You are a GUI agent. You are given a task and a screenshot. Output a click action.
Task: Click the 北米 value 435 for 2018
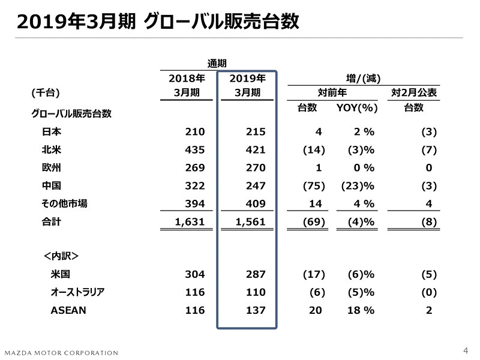click(195, 150)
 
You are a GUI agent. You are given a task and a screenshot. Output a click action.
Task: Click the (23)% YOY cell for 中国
click(358, 186)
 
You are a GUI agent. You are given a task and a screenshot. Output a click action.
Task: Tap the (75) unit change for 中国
click(314, 186)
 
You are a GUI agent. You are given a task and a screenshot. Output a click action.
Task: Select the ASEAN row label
click(68, 310)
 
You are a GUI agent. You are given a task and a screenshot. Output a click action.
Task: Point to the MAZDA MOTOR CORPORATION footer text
click(61, 353)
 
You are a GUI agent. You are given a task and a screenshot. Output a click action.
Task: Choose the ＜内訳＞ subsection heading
click(61, 256)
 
